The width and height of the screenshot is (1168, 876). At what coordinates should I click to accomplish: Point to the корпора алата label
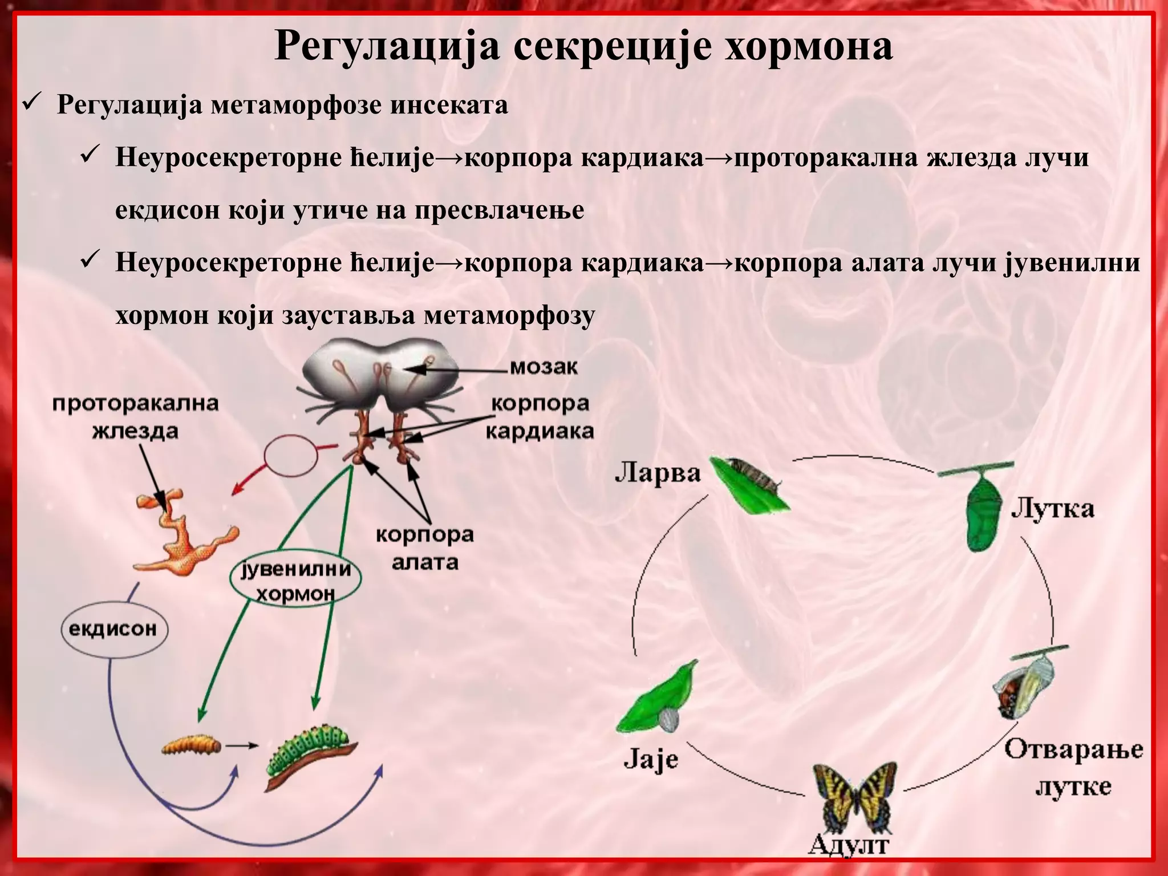(x=425, y=549)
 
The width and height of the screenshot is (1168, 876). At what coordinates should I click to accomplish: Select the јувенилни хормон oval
(x=295, y=581)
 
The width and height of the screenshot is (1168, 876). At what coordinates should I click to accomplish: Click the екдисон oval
(x=113, y=629)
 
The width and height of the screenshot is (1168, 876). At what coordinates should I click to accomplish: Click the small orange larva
(x=190, y=745)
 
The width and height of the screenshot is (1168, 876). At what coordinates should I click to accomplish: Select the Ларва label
(x=657, y=473)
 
